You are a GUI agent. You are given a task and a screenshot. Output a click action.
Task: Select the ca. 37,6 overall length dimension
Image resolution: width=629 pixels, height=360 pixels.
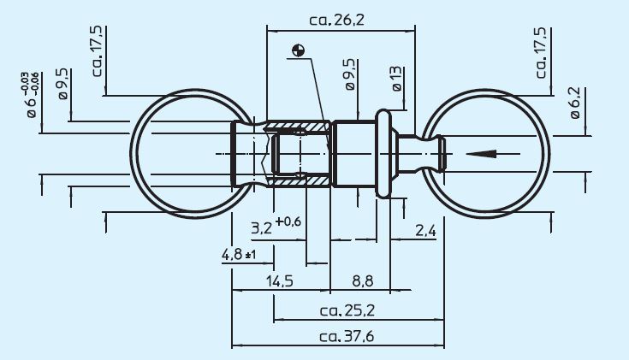click(345, 336)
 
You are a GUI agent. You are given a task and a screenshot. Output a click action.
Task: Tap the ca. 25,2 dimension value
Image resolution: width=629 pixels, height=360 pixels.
click(346, 310)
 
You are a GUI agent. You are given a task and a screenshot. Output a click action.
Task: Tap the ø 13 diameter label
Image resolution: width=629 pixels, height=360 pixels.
click(397, 78)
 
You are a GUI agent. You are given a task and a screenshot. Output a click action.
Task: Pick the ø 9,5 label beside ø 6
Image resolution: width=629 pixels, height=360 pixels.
click(63, 86)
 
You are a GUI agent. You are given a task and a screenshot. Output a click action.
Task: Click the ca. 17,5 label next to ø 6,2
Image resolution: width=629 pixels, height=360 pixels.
click(541, 51)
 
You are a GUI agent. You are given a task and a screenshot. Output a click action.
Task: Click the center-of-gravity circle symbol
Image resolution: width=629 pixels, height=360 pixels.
click(298, 50)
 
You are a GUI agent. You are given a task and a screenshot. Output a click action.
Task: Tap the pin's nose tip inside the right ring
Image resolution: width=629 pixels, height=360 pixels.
click(440, 154)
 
